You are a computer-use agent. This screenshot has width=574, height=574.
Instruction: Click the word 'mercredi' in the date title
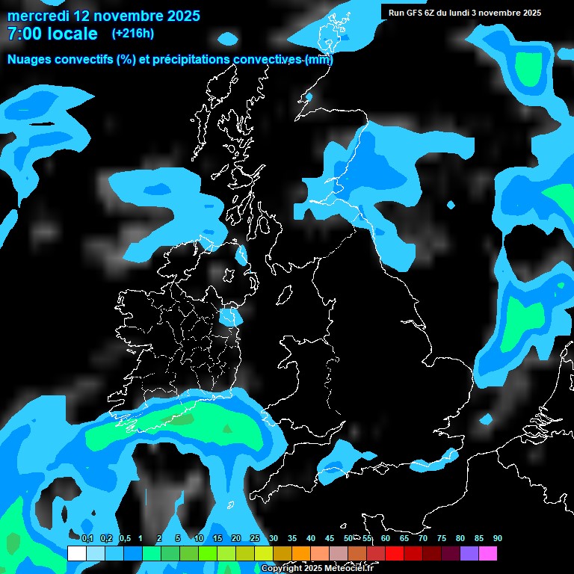(x=39, y=16)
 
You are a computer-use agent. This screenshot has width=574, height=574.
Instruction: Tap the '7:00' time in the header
(x=23, y=34)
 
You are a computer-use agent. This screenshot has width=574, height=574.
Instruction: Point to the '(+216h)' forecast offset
(x=132, y=33)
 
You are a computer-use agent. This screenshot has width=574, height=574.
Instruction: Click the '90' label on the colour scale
(x=498, y=539)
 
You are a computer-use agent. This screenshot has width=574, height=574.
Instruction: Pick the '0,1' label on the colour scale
(x=87, y=539)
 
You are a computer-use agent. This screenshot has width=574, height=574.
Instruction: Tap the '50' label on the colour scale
(x=348, y=539)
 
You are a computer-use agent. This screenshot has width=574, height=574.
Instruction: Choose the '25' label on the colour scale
(x=255, y=539)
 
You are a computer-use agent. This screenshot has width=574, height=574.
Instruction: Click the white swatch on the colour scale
(x=76, y=553)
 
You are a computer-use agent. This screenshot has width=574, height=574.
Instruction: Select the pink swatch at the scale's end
(x=487, y=553)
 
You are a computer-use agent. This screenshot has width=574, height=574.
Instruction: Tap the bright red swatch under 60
(x=394, y=553)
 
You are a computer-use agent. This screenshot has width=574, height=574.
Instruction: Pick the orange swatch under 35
(x=300, y=553)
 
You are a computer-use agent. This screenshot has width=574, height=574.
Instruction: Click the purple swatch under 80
(x=469, y=553)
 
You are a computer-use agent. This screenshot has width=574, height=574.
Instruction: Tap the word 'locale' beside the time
(x=72, y=34)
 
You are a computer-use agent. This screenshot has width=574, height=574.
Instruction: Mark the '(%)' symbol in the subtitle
(x=126, y=60)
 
